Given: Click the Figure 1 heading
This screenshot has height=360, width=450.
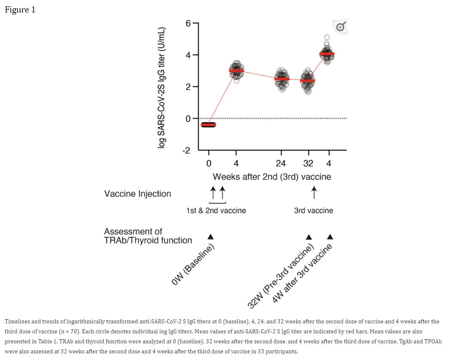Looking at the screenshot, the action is tap(20, 10).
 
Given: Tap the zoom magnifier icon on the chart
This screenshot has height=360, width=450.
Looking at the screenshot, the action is tap(340, 27).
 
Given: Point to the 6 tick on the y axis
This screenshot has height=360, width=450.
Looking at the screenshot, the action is tap(188, 23).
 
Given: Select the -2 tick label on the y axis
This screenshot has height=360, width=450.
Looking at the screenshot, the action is tap(186, 150).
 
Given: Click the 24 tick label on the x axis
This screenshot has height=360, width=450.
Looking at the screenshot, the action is tap(281, 163).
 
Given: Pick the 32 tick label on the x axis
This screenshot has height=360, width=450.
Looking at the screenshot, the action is tap(308, 163).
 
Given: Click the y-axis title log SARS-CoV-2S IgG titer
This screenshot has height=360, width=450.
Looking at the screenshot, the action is tap(161, 87).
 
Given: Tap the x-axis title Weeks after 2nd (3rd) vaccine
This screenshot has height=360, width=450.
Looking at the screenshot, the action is tap(272, 176).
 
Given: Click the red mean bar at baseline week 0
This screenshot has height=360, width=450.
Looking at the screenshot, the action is tap(208, 124).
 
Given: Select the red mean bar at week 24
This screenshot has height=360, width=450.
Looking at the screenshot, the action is tap(282, 79).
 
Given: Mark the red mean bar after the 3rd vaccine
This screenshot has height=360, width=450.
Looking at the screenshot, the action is tap(327, 54).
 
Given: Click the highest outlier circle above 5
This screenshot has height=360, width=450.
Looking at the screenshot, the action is tap(327, 37).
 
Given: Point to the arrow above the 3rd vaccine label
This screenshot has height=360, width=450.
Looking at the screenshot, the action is tap(314, 192).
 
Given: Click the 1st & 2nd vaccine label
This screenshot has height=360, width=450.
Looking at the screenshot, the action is tap(216, 211).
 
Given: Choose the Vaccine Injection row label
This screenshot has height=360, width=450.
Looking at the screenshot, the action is tap(138, 194).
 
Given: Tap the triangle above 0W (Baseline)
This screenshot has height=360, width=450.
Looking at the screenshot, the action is tap(210, 237).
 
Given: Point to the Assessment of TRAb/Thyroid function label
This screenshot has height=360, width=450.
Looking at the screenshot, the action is tap(148, 236).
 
